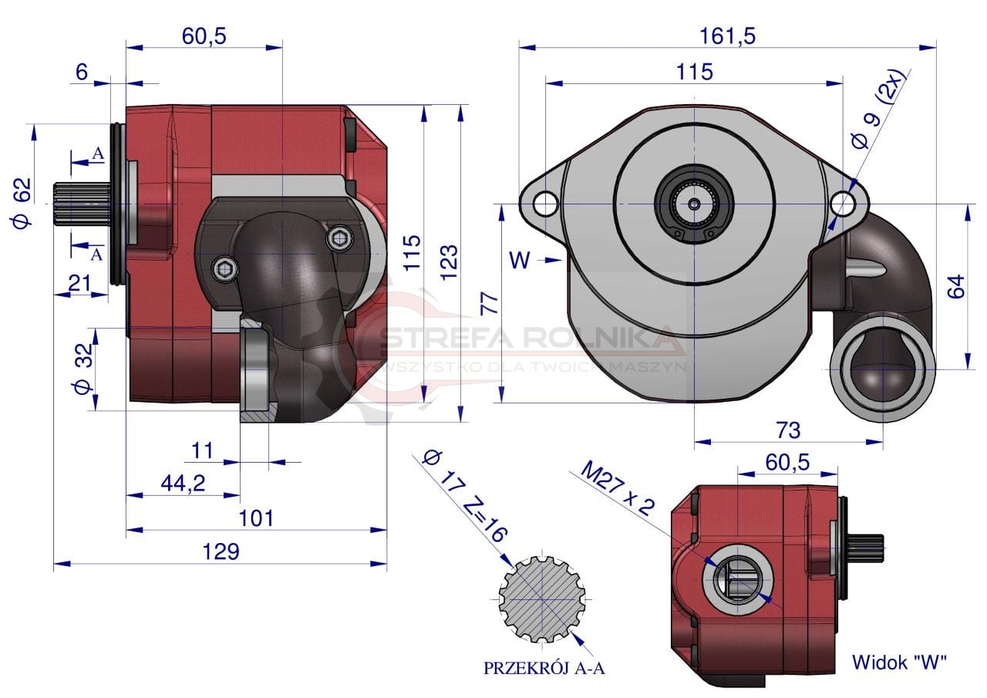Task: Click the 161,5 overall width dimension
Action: pyautogui.click(x=727, y=36)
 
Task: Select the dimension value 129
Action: pyautogui.click(x=221, y=551)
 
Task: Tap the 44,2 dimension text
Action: pyautogui.click(x=183, y=484)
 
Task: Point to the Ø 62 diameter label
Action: pyautogui.click(x=22, y=203)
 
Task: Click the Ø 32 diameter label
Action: pyautogui.click(x=83, y=369)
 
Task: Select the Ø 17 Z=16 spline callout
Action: pyautogui.click(x=464, y=496)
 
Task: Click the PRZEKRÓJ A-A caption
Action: pyautogui.click(x=544, y=669)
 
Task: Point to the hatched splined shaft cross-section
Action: pyautogui.click(x=542, y=600)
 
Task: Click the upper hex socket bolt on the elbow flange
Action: pyautogui.click(x=340, y=239)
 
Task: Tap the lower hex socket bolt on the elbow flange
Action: pyautogui.click(x=225, y=269)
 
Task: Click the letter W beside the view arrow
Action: pyautogui.click(x=520, y=260)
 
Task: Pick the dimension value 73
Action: pyautogui.click(x=788, y=430)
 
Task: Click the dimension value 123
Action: pyautogui.click(x=449, y=263)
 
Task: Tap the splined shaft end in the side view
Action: pyautogui.click(x=83, y=204)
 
